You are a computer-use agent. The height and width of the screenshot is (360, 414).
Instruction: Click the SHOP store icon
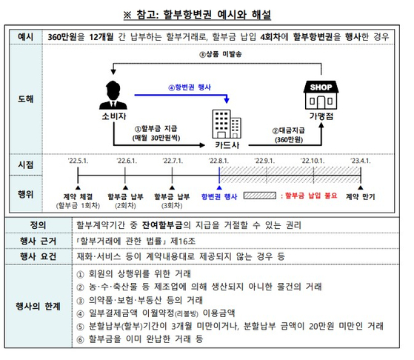pos(321,95)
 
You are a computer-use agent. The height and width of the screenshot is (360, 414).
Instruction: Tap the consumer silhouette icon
pos(113,95)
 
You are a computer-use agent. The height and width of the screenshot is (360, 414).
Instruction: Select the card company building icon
pos(227,124)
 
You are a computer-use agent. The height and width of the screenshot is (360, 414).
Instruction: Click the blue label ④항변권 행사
pos(190,87)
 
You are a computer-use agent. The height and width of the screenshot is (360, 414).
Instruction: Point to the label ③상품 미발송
pos(220,54)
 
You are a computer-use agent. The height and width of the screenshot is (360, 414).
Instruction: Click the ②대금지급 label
pos(289,130)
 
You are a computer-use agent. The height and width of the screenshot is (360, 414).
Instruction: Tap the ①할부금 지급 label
pos(156,129)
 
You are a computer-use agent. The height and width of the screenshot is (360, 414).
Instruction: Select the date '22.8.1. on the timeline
pos(218,161)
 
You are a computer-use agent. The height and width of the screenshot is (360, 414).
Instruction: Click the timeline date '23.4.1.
pos(361,161)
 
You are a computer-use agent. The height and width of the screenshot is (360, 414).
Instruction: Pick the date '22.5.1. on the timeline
pos(78,161)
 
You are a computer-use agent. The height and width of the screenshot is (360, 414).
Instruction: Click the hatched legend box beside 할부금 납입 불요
pos(260,196)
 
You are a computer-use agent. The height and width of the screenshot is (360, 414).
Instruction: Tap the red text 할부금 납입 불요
pos(311,196)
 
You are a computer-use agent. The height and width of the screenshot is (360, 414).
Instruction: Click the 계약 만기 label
pos(361,196)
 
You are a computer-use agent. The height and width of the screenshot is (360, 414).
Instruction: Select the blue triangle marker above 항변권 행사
pos(219,188)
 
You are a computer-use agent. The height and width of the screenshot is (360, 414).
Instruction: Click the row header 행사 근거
pos(38,241)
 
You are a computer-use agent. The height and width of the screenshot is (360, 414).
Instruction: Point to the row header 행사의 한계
pos(38,307)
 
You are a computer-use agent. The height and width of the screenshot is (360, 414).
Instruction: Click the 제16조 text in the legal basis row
pos(183,241)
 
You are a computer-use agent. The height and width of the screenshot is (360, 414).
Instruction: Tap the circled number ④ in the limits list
pos(80,314)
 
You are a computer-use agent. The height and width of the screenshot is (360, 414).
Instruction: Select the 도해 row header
pos(26,99)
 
